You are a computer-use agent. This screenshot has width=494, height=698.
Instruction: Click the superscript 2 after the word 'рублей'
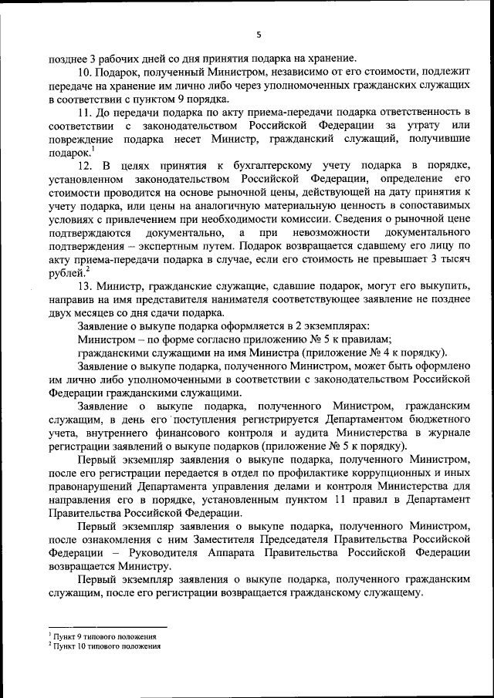click(88, 269)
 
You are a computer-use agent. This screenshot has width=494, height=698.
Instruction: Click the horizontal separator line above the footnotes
click(107, 627)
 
